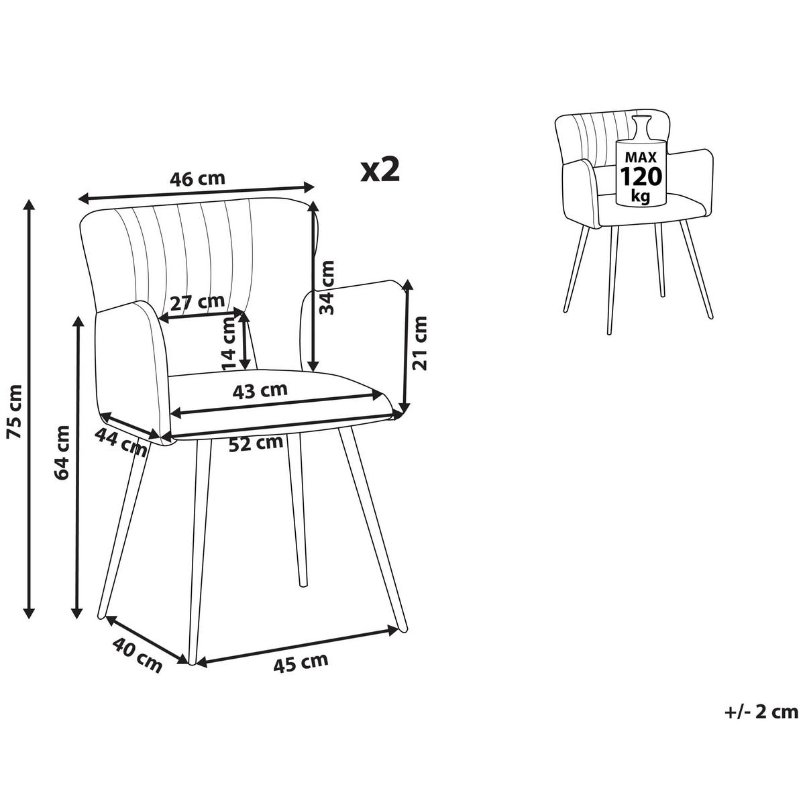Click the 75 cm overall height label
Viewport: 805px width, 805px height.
click(15, 411)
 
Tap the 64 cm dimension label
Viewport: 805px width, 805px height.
click(62, 453)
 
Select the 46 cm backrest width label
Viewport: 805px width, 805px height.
click(197, 179)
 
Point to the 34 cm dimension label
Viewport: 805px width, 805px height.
click(327, 287)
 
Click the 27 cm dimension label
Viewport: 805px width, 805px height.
click(198, 302)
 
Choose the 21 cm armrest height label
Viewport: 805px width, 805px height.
click(419, 343)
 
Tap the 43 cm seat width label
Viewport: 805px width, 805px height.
click(260, 390)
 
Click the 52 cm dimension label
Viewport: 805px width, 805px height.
click(256, 443)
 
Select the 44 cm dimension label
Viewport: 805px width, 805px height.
click(121, 442)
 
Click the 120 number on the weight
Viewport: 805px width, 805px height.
click(641, 176)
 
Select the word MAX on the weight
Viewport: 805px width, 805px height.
click(641, 158)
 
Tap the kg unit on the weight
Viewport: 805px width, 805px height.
click(641, 195)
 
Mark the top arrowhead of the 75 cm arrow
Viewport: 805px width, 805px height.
click(29, 205)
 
